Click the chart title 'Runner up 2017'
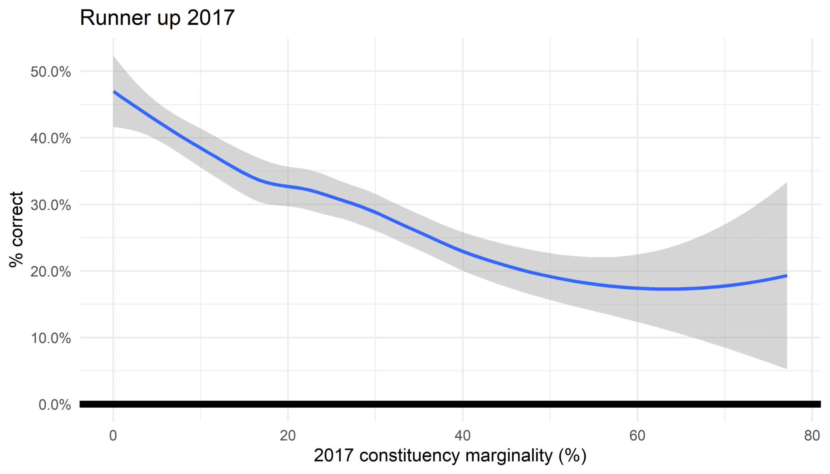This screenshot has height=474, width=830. [x=157, y=18]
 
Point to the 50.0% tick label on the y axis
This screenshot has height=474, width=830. [x=51, y=72]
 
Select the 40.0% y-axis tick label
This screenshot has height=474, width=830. [x=51, y=138]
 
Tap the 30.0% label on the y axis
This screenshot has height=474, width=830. [x=51, y=205]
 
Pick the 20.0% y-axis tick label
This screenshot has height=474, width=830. [x=51, y=271]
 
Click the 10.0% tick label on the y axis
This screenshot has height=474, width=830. [x=51, y=338]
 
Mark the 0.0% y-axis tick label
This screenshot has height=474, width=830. [x=55, y=404]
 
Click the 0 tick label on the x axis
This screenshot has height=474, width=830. [x=113, y=436]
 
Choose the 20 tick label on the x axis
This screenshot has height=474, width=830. [x=288, y=436]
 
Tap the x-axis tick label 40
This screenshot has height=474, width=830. [x=462, y=436]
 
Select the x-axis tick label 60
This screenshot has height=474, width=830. [x=637, y=436]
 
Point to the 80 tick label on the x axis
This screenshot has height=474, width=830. [x=812, y=436]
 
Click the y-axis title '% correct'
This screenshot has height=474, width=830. [x=17, y=229]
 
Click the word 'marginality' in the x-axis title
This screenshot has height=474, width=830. [x=509, y=456]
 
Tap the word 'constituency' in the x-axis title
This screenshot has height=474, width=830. [x=410, y=456]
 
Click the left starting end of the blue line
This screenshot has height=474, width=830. [x=114, y=92]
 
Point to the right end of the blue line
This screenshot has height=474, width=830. [x=787, y=276]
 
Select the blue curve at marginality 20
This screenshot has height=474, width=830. [x=288, y=186]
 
